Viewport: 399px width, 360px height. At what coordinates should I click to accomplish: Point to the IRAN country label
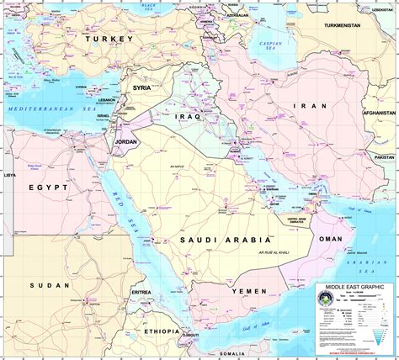pos(304,106)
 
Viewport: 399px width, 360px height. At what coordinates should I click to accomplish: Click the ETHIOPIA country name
pos(161,331)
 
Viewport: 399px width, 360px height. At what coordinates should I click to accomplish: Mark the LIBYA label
pos(9,175)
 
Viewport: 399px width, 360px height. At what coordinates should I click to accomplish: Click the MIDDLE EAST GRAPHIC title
pos(354,288)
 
